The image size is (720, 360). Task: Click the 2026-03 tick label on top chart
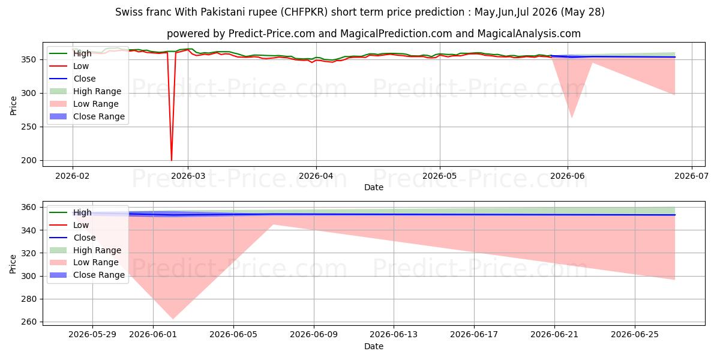click(x=188, y=176)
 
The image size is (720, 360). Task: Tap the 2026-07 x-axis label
click(x=691, y=176)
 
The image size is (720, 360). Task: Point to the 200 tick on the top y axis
click(x=29, y=160)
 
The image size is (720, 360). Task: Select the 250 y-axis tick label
click(x=29, y=127)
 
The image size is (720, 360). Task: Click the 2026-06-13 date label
click(x=394, y=335)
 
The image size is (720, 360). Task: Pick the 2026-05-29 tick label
click(x=92, y=335)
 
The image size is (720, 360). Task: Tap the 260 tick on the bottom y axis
click(x=29, y=322)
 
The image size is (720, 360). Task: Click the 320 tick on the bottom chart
click(x=29, y=253)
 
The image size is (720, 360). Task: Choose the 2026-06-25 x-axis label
click(x=635, y=335)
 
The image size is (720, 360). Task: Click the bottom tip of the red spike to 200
click(x=172, y=160)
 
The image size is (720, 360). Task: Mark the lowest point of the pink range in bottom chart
click(x=173, y=319)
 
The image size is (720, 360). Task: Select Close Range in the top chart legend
click(x=99, y=116)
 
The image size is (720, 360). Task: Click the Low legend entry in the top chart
click(x=81, y=66)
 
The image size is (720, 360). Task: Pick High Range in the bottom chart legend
click(x=97, y=250)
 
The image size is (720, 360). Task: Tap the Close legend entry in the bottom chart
click(x=85, y=238)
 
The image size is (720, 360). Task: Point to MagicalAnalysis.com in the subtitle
click(x=529, y=34)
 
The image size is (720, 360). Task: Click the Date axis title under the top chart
click(x=374, y=187)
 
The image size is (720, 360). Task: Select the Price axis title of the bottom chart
click(x=13, y=264)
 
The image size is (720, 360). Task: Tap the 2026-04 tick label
click(x=316, y=176)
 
